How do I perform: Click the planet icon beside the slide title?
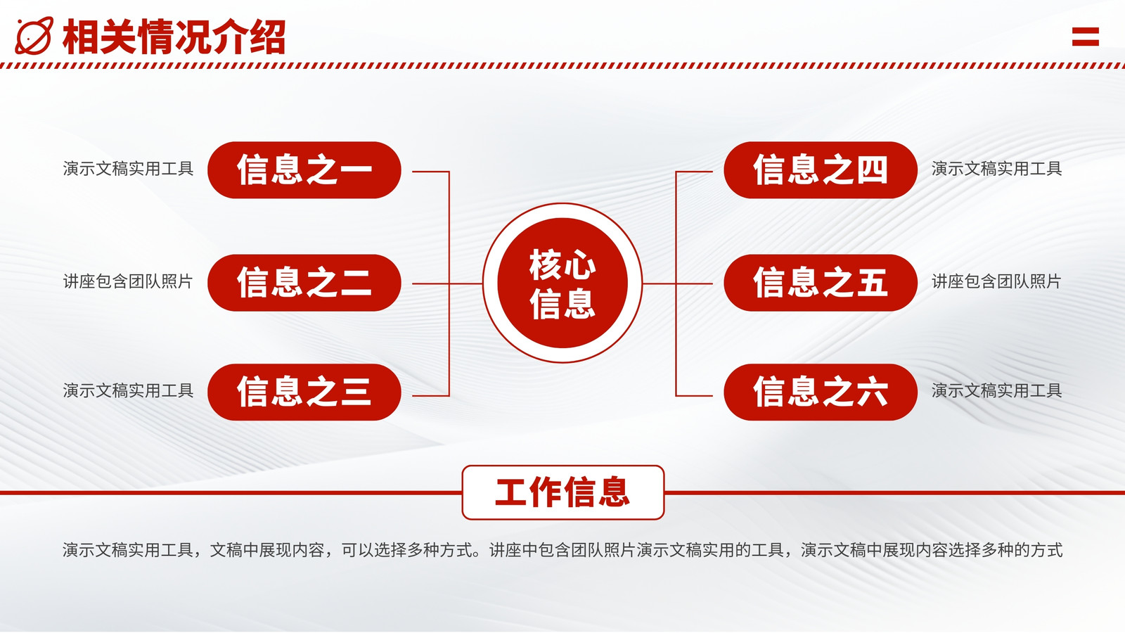[x=34, y=36]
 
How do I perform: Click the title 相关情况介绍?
[x=174, y=37]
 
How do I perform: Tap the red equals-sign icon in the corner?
[x=1086, y=37]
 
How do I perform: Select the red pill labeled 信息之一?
[x=304, y=170]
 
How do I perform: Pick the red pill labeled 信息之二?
[x=304, y=283]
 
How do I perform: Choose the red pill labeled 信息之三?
[x=304, y=392]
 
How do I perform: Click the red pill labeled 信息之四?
[x=821, y=170]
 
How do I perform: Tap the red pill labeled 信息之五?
[x=821, y=283]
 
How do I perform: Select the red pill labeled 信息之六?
[x=821, y=392]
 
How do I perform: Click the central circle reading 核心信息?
[x=562, y=283]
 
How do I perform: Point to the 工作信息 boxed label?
[x=563, y=492]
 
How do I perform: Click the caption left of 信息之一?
[x=128, y=169]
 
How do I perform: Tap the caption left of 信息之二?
[x=128, y=281]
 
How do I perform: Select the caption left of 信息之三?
[x=128, y=390]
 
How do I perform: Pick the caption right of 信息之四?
[x=997, y=169]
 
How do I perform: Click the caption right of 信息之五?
[x=996, y=281]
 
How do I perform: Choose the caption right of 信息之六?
[x=997, y=390]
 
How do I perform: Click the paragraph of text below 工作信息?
[x=562, y=550]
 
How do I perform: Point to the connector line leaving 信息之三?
[x=430, y=396]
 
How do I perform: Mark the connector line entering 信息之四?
[x=694, y=172]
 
